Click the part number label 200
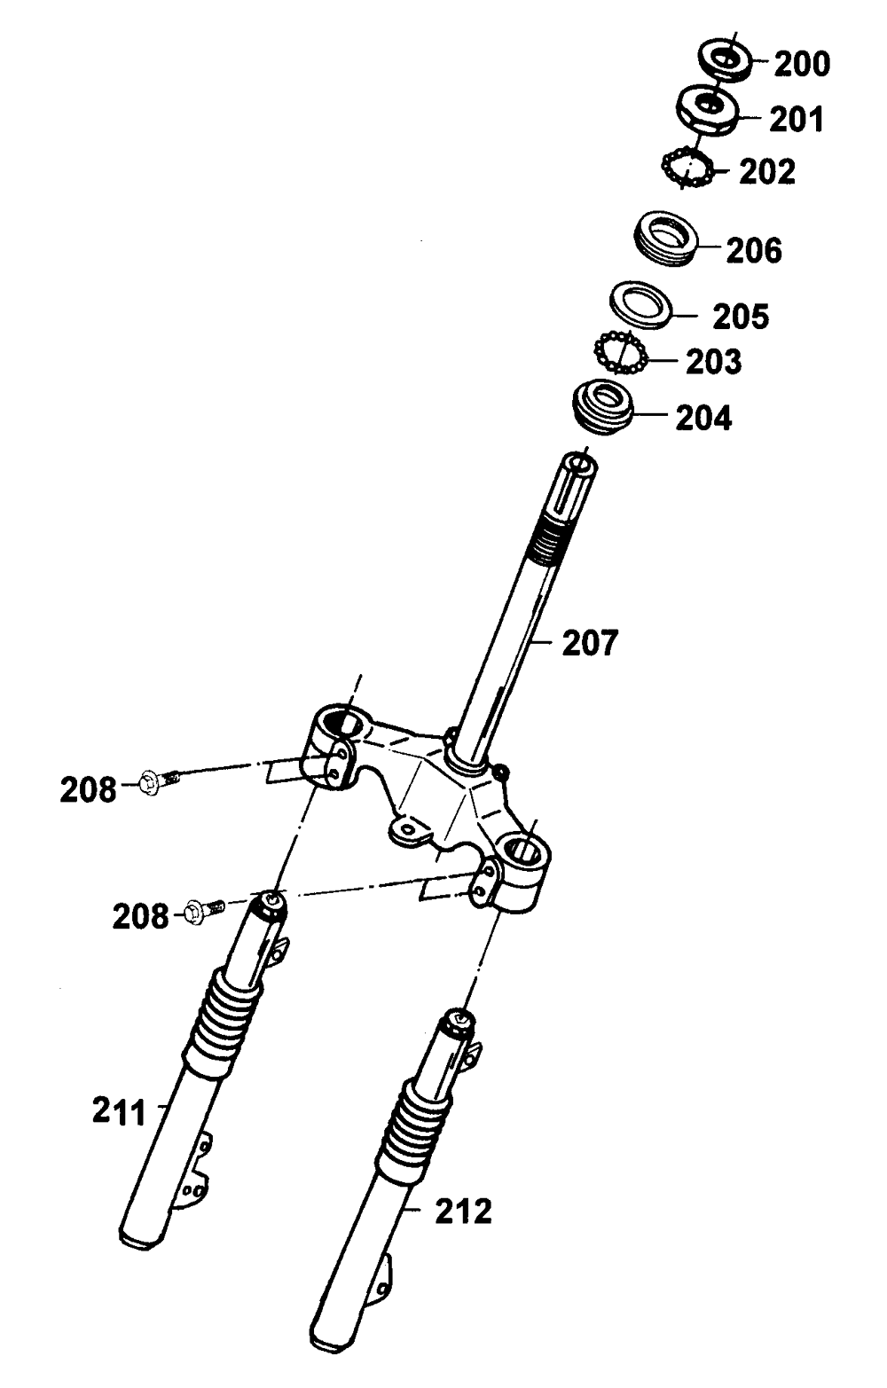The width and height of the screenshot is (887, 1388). pos(802,64)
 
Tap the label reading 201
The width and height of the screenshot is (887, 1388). pos(796,118)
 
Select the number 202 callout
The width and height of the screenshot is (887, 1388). pos(767,171)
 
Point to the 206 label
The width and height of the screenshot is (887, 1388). pos(754,250)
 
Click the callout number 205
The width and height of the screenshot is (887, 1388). pos(741,317)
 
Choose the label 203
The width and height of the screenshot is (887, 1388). pos(713,361)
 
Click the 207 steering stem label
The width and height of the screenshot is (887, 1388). pos(590,642)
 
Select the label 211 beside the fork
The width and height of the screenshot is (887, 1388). pos(119,1111)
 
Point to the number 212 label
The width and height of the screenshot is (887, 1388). pos(462,1210)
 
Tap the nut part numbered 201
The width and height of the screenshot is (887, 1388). pos(709,109)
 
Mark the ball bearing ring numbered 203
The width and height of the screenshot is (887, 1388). pos(619,354)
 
